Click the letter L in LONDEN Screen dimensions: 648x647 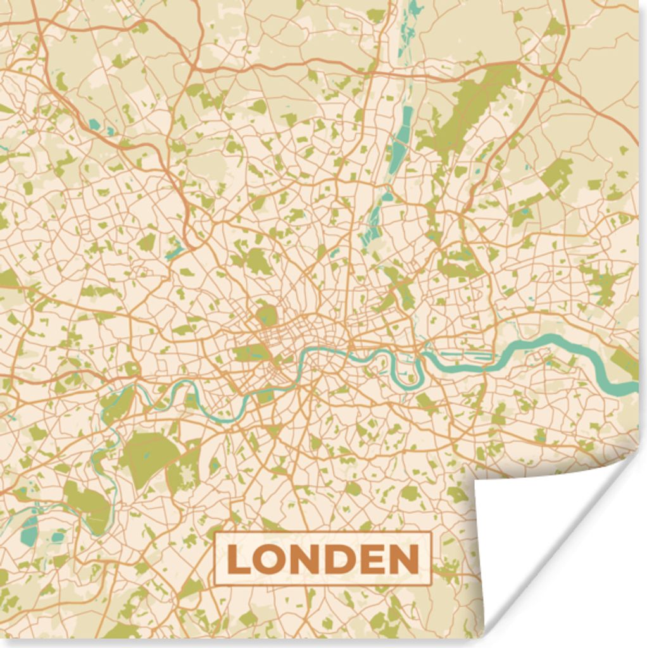coord(237,559)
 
